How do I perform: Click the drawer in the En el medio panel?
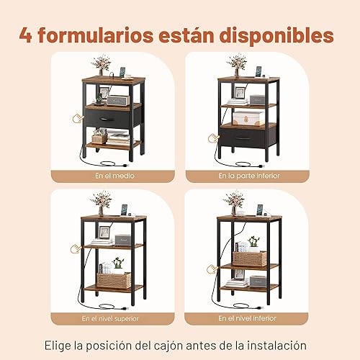(106, 117)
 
